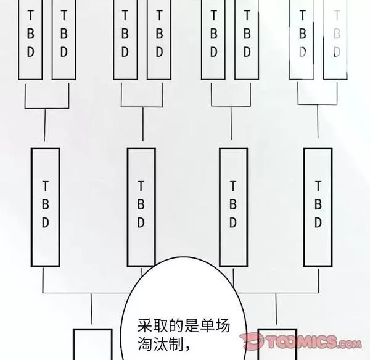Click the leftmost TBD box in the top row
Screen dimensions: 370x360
click(x=30, y=40)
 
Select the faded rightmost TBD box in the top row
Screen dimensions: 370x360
click(x=335, y=40)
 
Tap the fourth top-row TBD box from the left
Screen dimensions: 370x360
click(x=159, y=40)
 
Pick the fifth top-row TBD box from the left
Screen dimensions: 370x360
click(x=213, y=40)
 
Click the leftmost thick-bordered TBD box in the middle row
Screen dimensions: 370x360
click(x=45, y=207)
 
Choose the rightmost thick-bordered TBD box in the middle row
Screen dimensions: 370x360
click(x=318, y=207)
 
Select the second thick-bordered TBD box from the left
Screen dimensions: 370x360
click(x=141, y=207)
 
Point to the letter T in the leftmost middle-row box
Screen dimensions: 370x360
click(x=45, y=186)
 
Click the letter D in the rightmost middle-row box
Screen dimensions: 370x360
click(x=318, y=222)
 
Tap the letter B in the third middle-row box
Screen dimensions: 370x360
click(x=233, y=204)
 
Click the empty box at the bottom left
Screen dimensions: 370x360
click(x=92, y=344)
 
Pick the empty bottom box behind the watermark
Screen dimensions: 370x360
click(x=277, y=344)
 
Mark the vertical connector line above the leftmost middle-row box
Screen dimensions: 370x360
click(x=45, y=125)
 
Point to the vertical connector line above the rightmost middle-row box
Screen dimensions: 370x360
click(x=318, y=122)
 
